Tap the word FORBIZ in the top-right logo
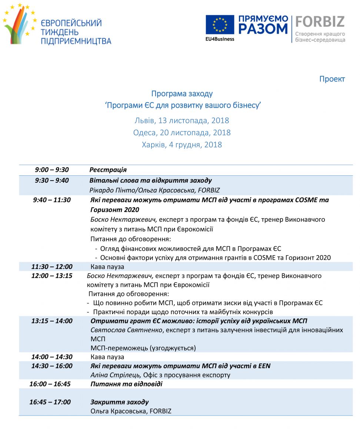pyautogui.click(x=320, y=22)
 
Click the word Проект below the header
pyautogui.click(x=332, y=79)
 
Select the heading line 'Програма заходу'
pyautogui.click(x=182, y=94)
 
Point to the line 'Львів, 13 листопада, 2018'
pyautogui.click(x=182, y=121)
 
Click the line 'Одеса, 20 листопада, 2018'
pyautogui.click(x=182, y=132)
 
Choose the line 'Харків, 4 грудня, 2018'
pyautogui.click(x=182, y=145)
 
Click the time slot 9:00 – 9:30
pyautogui.click(x=52, y=170)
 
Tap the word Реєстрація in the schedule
pyautogui.click(x=108, y=170)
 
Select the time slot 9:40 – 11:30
pyautogui.click(x=52, y=200)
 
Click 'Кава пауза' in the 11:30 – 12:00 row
pyautogui.click(x=107, y=267)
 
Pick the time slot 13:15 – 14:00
pyautogui.click(x=52, y=321)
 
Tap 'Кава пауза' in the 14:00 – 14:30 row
pyautogui.click(x=107, y=357)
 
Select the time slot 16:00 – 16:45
pyautogui.click(x=50, y=384)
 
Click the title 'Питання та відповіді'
pyautogui.click(x=126, y=384)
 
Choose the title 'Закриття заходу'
pyautogui.click(x=120, y=402)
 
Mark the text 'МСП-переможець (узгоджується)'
pyautogui.click(x=143, y=348)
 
